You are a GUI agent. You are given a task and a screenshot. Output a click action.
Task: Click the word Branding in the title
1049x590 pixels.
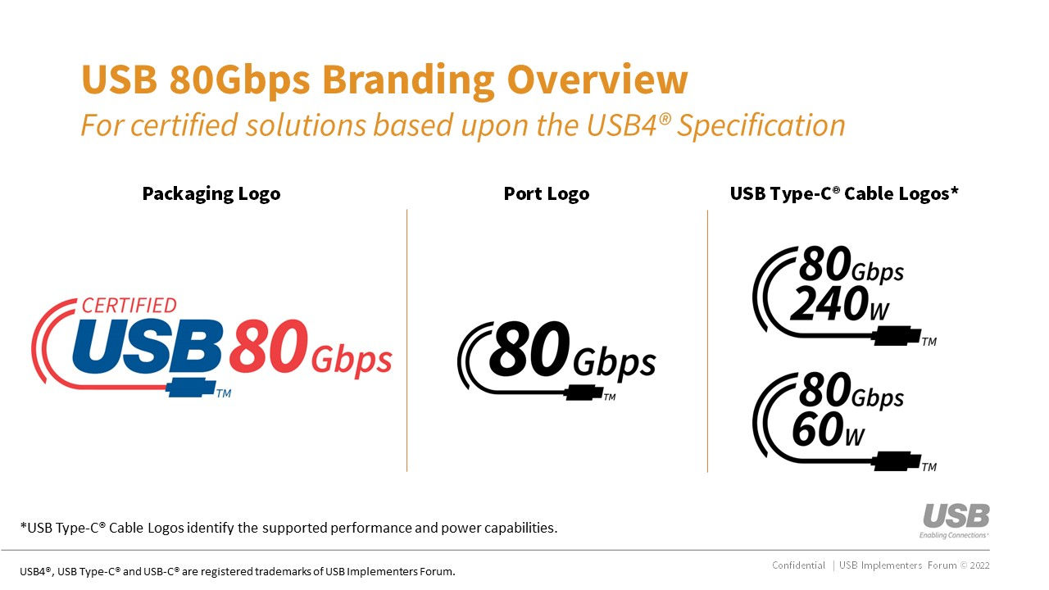(407, 81)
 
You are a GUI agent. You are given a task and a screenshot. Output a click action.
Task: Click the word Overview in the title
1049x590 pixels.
(597, 79)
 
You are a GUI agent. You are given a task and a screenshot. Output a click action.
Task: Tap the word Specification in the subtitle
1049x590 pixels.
(761, 126)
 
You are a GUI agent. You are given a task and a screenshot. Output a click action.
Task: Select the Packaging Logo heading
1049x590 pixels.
(211, 194)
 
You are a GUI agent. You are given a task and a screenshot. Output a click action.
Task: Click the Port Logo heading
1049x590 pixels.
(546, 194)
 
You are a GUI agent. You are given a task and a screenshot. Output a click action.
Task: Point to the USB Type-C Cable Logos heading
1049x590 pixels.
(844, 194)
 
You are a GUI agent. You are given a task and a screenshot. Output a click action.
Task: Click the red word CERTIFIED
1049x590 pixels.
(129, 306)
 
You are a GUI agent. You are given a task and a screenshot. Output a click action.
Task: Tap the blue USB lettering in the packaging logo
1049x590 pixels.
(147, 346)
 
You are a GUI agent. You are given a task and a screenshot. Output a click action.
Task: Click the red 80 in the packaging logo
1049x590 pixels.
(269, 346)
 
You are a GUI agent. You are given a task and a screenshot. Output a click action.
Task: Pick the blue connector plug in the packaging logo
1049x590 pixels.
(191, 388)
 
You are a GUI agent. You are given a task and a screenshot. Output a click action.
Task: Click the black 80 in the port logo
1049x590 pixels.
(529, 349)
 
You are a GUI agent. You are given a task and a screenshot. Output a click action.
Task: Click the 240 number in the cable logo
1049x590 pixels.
(829, 303)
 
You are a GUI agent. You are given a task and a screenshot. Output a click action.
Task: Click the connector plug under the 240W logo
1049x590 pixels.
(897, 336)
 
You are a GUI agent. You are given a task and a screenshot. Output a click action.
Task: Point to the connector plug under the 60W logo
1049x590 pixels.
(897, 461)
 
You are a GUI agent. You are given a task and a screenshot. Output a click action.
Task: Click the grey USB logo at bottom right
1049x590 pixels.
(956, 515)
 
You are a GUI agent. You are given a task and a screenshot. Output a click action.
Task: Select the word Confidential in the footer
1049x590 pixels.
(798, 565)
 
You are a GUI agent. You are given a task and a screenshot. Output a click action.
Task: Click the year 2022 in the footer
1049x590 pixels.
(979, 565)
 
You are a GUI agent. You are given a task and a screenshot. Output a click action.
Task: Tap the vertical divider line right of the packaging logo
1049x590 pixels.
(407, 340)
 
